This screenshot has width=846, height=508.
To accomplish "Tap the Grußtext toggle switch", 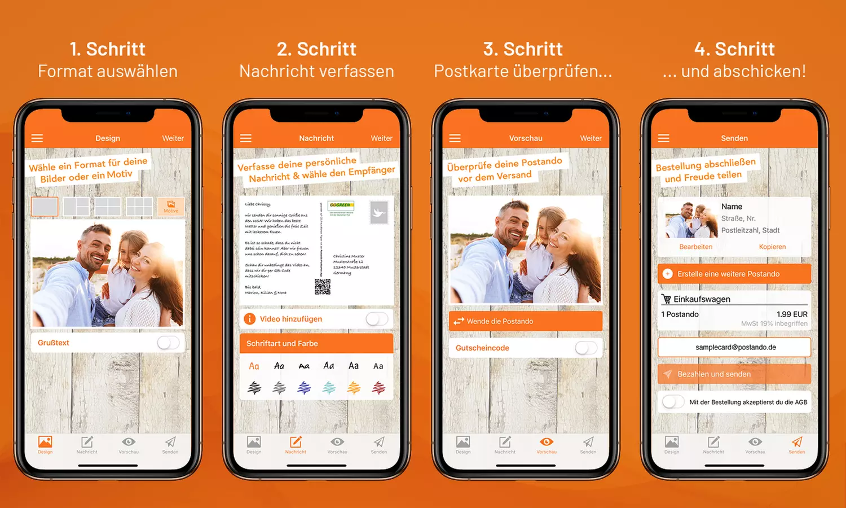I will click(x=168, y=343).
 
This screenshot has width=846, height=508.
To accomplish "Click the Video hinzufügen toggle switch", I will click(x=377, y=319).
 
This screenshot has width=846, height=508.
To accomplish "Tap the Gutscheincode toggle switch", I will click(x=586, y=348).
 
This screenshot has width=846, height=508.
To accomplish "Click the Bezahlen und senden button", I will click(x=734, y=374).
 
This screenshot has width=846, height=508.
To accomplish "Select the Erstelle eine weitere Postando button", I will click(x=734, y=274).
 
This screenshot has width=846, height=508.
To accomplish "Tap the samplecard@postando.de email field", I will click(x=734, y=347).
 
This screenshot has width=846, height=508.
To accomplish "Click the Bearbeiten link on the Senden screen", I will click(x=695, y=247).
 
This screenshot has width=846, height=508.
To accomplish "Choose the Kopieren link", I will click(x=772, y=247).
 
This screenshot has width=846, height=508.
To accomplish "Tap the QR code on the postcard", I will click(x=322, y=287).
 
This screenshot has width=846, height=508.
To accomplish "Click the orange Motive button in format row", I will click(x=171, y=207).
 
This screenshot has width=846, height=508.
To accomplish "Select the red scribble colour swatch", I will click(x=378, y=387).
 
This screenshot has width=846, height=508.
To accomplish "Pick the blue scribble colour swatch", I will click(x=304, y=387).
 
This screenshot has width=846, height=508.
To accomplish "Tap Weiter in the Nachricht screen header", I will click(x=381, y=138).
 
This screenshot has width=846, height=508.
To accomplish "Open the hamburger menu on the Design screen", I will click(x=37, y=138).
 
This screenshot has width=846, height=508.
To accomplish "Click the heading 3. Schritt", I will click(x=523, y=49).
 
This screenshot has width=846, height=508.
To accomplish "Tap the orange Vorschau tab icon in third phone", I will click(x=546, y=443).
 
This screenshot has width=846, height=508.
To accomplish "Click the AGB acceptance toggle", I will click(x=673, y=402).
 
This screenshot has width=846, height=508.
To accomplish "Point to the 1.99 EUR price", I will click(x=791, y=314).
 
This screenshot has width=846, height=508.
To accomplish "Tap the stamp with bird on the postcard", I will click(x=378, y=212).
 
